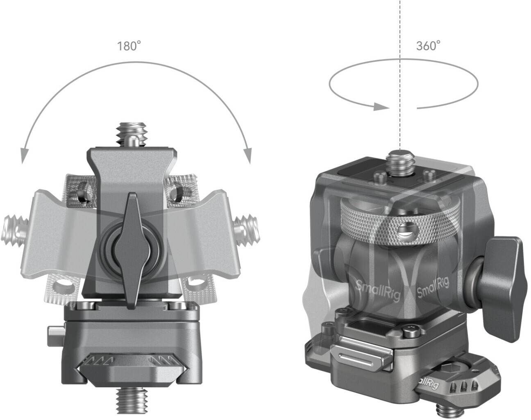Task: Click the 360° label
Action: pos(428,45)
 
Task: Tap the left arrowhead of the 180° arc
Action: pos(24,156)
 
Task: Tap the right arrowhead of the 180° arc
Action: pos(247,156)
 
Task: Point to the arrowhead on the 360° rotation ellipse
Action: pos(381,106)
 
